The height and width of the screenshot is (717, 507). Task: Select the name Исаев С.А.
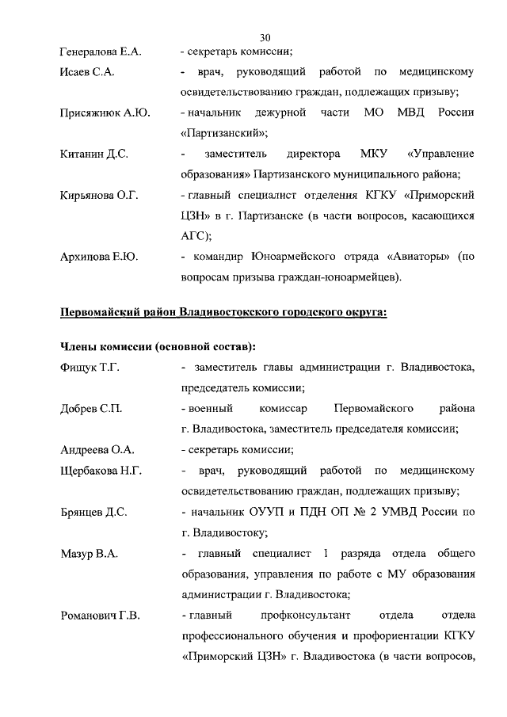click(x=88, y=73)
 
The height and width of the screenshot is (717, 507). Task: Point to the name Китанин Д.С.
click(x=94, y=154)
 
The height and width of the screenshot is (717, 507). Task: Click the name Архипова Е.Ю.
click(x=99, y=257)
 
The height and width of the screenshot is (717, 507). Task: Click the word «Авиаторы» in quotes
click(x=414, y=257)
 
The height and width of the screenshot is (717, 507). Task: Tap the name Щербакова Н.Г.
click(x=101, y=471)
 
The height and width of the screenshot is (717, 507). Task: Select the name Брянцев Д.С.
click(x=94, y=512)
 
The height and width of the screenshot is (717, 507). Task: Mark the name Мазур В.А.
click(x=90, y=553)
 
